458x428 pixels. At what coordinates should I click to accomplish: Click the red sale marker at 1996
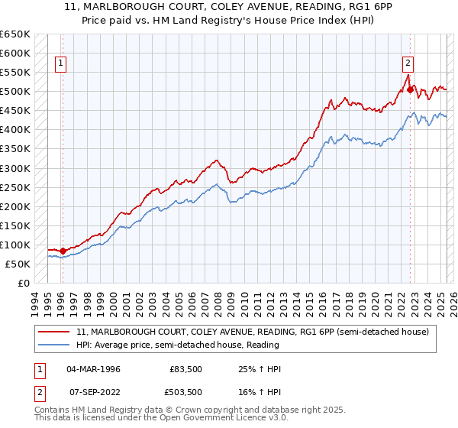click(x=63, y=251)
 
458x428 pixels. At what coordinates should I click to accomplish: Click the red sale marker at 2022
click(x=410, y=90)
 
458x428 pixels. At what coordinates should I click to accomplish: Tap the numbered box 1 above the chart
click(x=60, y=63)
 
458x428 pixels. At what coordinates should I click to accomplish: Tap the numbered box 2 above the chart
click(x=408, y=63)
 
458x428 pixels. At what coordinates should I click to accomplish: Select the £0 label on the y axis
click(x=24, y=283)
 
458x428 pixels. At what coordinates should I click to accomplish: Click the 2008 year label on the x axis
click(x=218, y=302)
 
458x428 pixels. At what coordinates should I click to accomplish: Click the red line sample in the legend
click(x=54, y=332)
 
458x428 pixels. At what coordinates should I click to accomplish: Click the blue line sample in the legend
click(x=54, y=345)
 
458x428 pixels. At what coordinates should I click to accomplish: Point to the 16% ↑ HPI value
click(x=260, y=391)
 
